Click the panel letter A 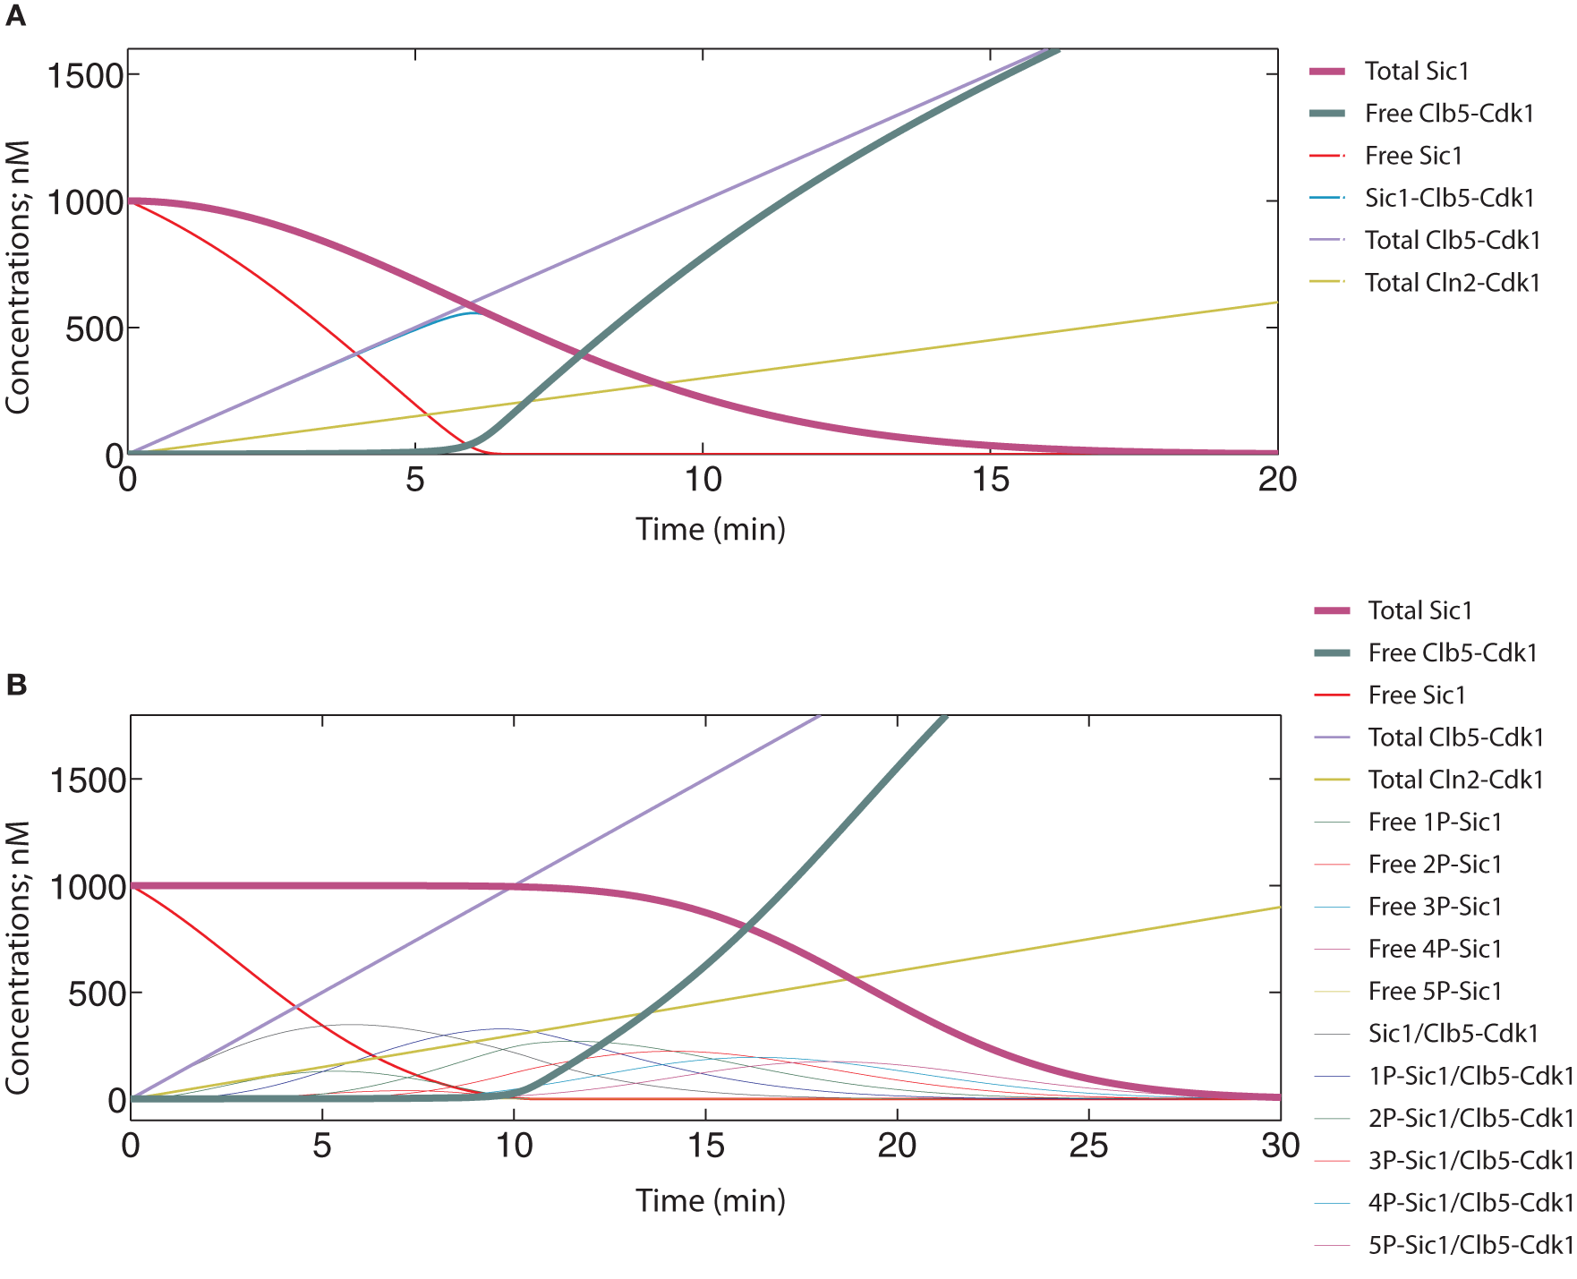coord(15,16)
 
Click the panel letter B coord(16,685)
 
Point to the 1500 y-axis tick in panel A coord(85,76)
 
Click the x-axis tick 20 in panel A coord(1277,481)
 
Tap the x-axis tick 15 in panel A coord(990,481)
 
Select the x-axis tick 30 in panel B coord(1280,1147)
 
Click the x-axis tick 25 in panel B coord(1088,1147)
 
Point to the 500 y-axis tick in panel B coord(97,993)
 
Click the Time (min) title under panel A coord(711,529)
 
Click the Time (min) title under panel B coord(711,1200)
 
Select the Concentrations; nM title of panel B coord(18,958)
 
